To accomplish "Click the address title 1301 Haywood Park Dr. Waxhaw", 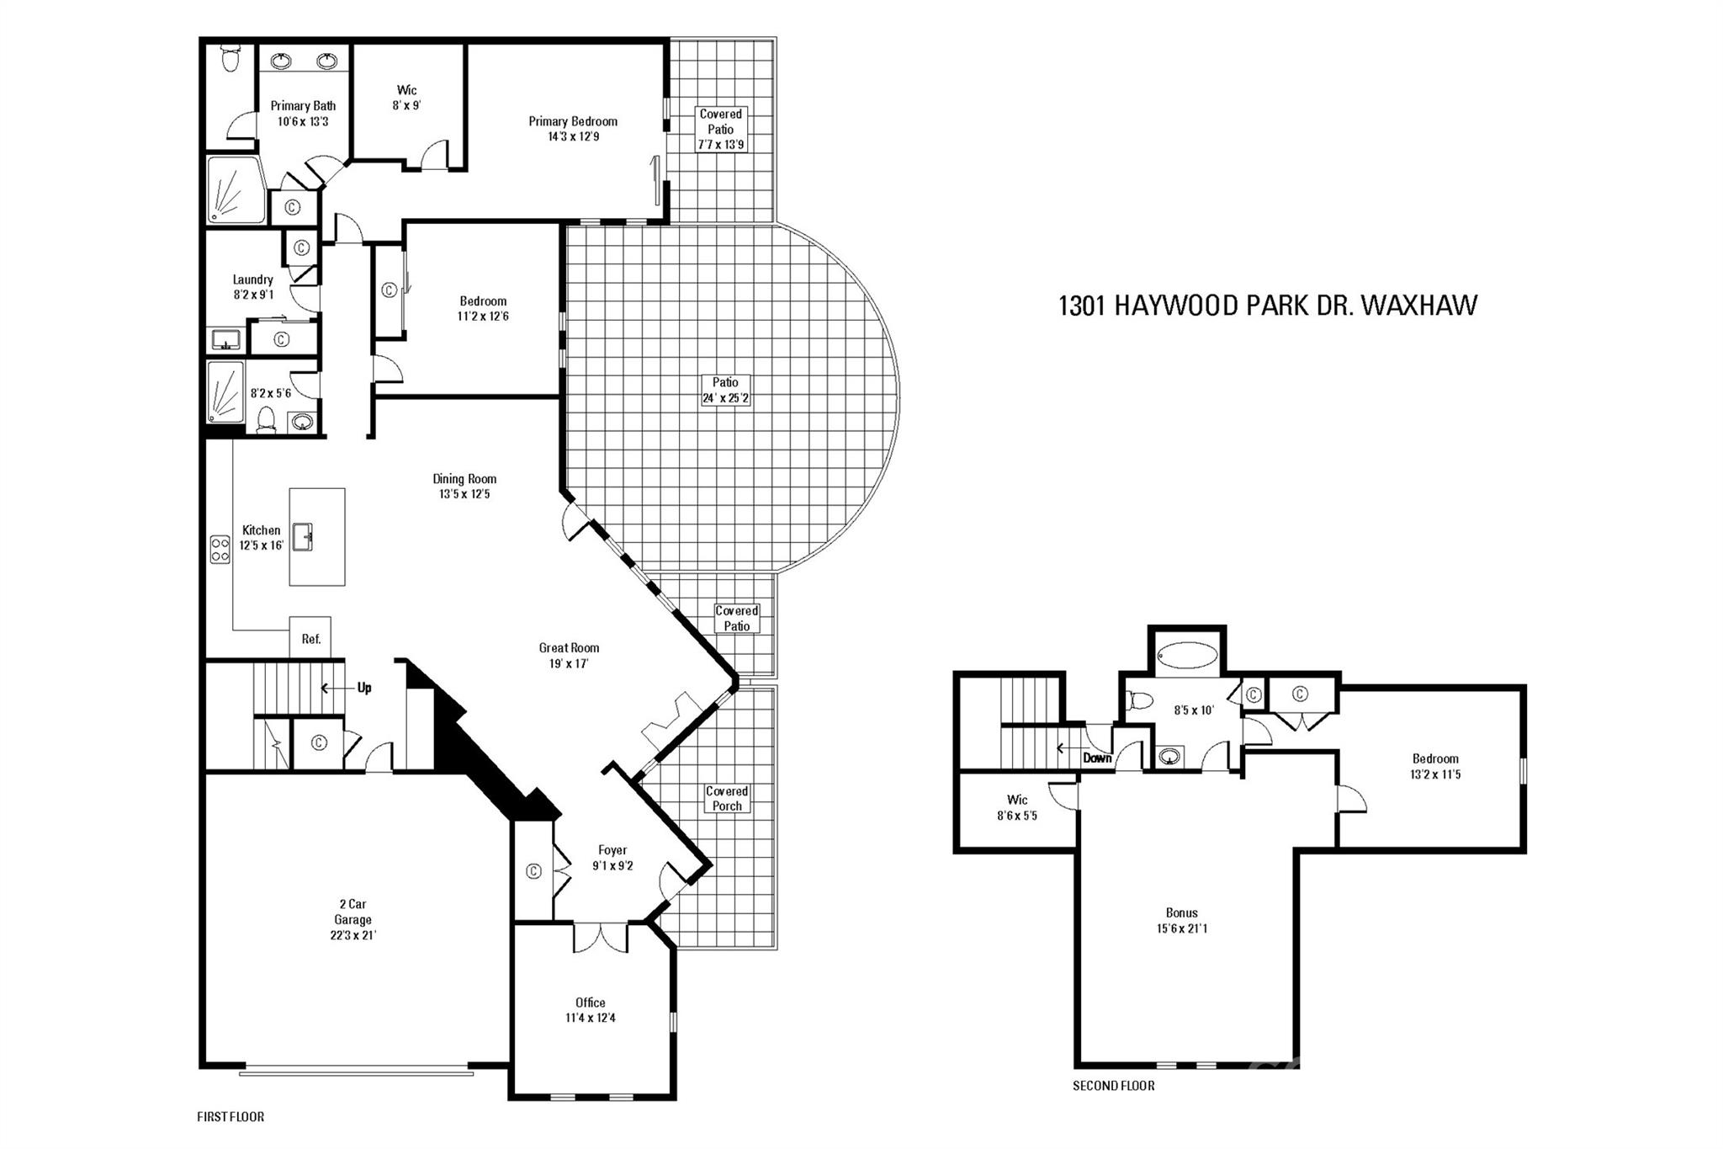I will (x=1267, y=306).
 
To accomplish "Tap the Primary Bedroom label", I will (x=573, y=129).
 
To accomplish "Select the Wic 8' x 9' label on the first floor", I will (x=406, y=98).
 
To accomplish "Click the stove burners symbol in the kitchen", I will (x=220, y=549).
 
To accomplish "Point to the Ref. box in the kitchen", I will (x=310, y=638).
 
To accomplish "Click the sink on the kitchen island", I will (x=303, y=536).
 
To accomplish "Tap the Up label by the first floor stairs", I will (x=364, y=688).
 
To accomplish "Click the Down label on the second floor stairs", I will (x=1097, y=758).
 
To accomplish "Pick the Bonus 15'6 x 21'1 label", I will (x=1181, y=920).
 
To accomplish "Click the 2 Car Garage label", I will (x=353, y=919).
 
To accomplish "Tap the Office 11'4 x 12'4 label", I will (x=590, y=1010).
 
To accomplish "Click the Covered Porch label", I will (x=727, y=798).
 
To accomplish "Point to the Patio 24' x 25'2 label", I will (x=725, y=390).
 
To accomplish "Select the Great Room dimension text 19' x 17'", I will (x=569, y=663).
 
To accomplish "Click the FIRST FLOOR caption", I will (x=231, y=1117).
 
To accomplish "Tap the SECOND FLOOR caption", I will (x=1113, y=1086).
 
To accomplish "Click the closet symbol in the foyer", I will (x=533, y=871).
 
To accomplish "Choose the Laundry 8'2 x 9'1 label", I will (x=252, y=287).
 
